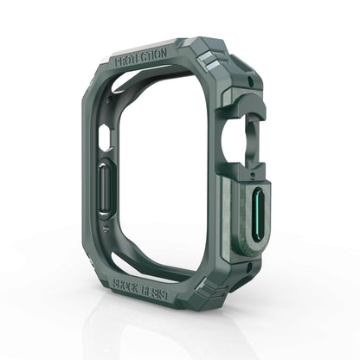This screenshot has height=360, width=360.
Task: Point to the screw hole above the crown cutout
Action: (x=252, y=80)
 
